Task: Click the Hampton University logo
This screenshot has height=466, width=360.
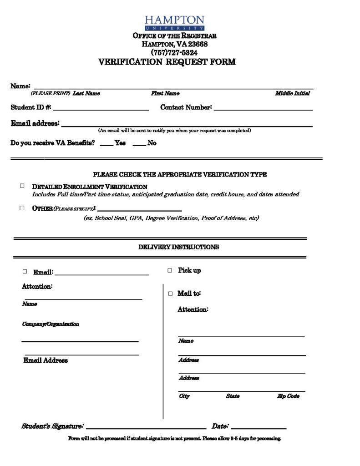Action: [x=174, y=23]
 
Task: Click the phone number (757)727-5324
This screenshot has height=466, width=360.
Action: [x=174, y=52]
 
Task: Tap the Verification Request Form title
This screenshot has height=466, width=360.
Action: [x=167, y=62]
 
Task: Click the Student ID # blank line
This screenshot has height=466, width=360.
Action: [x=101, y=109]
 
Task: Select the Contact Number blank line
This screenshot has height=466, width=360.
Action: [x=263, y=109]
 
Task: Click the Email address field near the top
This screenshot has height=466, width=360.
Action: [x=187, y=125]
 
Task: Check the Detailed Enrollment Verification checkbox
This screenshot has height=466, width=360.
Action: [x=22, y=186]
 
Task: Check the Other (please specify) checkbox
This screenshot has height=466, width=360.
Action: [x=22, y=208]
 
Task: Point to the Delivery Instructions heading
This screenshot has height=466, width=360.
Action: [x=178, y=247]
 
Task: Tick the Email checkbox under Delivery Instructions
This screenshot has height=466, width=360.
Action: [x=25, y=271]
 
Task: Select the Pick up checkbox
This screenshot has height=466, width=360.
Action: [x=169, y=270]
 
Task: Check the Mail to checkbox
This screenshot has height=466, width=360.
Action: [x=170, y=294]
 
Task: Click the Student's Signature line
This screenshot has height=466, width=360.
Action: [x=146, y=428]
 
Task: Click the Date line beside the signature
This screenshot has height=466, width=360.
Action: [x=258, y=428]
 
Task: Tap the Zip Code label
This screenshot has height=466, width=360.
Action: [x=288, y=396]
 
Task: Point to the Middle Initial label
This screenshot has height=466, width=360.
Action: [x=292, y=93]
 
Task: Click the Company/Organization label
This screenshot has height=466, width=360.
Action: [x=51, y=324]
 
